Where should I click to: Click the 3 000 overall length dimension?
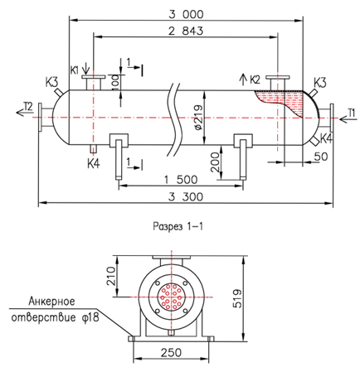186,14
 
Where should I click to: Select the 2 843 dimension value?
186,31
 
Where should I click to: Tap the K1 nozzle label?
74,70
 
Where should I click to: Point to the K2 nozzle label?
255,80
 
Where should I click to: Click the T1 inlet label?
351,113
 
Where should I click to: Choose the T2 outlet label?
28,106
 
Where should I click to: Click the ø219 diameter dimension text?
199,118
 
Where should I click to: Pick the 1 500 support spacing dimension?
181,180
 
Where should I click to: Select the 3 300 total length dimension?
186,197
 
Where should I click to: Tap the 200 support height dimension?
215,162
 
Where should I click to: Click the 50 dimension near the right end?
321,157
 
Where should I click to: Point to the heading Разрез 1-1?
178,226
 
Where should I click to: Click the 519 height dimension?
237,298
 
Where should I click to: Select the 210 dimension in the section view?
111,276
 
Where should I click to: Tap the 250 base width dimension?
171,353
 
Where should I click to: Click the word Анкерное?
51,301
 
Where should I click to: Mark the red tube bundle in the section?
171,297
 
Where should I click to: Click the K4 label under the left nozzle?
94,164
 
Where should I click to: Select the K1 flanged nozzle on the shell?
94,82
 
